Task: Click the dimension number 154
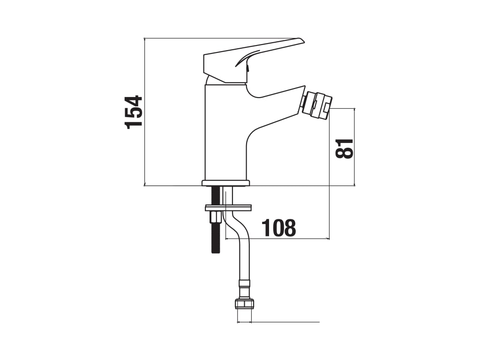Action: [134, 112]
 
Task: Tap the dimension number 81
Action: [345, 149]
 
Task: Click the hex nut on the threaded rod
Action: [215, 218]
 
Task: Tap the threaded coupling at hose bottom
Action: [244, 304]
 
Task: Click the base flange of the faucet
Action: [225, 183]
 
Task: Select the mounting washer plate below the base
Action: [228, 208]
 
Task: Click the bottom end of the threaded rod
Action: [216, 252]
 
